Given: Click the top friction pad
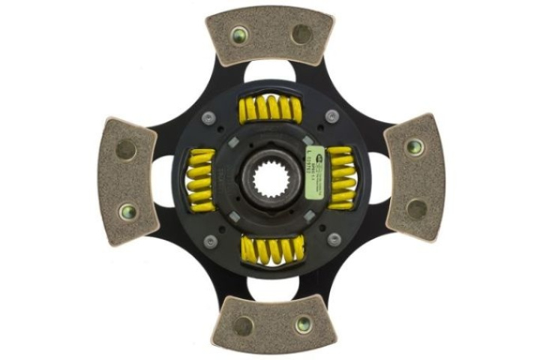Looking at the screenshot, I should [x=270, y=35].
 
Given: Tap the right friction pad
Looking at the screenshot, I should [x=415, y=177].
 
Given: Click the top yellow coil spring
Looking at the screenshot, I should [x=270, y=110].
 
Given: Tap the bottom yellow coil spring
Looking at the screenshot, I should [x=270, y=249].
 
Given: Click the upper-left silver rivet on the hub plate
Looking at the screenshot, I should [x=208, y=117].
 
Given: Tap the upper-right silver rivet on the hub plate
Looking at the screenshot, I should [x=331, y=116].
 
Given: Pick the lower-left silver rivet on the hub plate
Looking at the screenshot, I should [x=211, y=241].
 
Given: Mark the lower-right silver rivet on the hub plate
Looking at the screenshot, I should [x=334, y=239].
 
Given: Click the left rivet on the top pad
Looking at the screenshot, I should [x=240, y=34].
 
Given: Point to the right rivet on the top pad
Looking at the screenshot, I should [x=301, y=34].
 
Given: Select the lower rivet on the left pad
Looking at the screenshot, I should [x=127, y=212].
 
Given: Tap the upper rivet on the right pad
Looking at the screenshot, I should [x=414, y=146].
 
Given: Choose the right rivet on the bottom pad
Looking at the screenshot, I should [x=303, y=324].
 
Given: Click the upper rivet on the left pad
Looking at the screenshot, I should [x=126, y=149].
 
